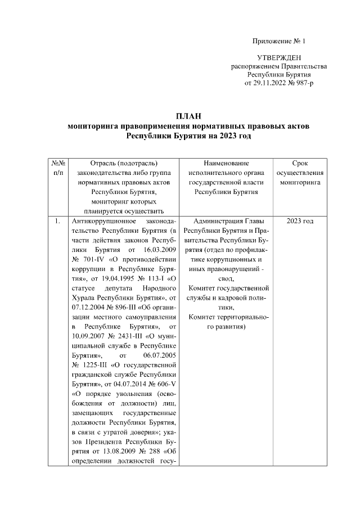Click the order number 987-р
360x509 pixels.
(304, 83)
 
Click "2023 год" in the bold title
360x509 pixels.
(235, 136)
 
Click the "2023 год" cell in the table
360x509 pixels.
(300, 221)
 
